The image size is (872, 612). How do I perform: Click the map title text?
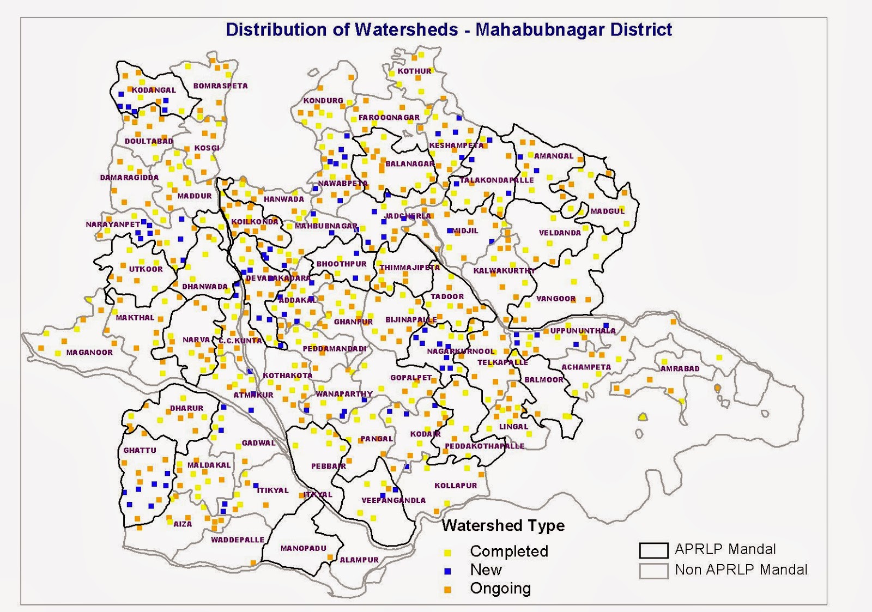pyautogui.click(x=449, y=29)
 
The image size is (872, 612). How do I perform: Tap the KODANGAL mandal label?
pyautogui.click(x=154, y=90)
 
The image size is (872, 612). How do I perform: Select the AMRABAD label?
pyautogui.click(x=680, y=368)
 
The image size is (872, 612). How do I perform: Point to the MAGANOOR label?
pyautogui.click(x=89, y=352)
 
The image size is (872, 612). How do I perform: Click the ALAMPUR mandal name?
pyautogui.click(x=359, y=560)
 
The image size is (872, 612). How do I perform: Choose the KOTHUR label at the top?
pyautogui.click(x=414, y=71)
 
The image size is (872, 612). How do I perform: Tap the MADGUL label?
pyautogui.click(x=608, y=211)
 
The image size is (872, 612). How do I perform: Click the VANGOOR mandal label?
pyautogui.click(x=556, y=299)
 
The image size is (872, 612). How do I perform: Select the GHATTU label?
pyautogui.click(x=140, y=450)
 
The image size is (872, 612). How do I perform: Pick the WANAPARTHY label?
pyautogui.click(x=344, y=393)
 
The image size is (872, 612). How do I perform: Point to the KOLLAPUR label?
pyautogui.click(x=456, y=485)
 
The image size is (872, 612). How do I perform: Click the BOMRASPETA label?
pyautogui.click(x=220, y=86)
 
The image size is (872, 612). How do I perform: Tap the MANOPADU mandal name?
pyautogui.click(x=304, y=548)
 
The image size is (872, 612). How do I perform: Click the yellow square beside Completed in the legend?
pyautogui.click(x=447, y=553)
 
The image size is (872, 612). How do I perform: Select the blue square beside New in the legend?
pyautogui.click(x=447, y=571)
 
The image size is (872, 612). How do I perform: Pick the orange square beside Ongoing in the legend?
pyautogui.click(x=447, y=590)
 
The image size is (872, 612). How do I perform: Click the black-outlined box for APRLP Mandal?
pyautogui.click(x=653, y=550)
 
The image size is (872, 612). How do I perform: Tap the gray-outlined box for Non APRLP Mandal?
pyautogui.click(x=653, y=571)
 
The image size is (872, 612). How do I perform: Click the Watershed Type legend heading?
pyautogui.click(x=503, y=525)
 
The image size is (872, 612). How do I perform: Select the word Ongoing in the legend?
pyautogui.click(x=500, y=589)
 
